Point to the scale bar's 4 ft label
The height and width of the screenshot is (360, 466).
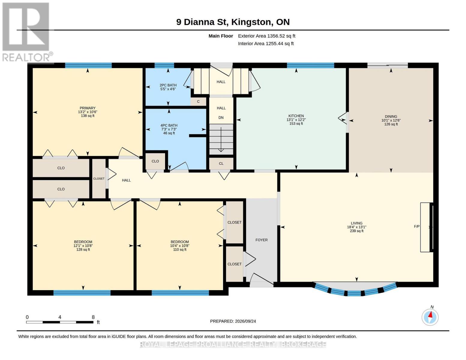[x=60, y=317]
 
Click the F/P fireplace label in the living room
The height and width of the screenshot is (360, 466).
[x=417, y=226]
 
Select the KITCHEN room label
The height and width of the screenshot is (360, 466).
[x=296, y=116]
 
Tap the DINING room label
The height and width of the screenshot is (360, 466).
[x=391, y=116]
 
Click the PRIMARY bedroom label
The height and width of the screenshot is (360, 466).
[x=88, y=108]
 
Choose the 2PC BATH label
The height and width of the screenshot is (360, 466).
[x=168, y=85]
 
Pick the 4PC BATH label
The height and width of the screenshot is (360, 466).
[x=169, y=125]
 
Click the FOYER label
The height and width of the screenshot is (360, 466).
[x=261, y=240]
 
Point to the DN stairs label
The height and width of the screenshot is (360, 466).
[x=221, y=118]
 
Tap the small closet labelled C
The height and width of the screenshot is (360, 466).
[x=198, y=101]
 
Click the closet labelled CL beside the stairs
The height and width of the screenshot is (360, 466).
[x=221, y=163]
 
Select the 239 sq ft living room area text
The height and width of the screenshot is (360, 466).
[x=357, y=231]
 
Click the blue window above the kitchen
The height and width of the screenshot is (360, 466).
[x=311, y=65]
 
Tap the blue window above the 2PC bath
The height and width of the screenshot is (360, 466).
[x=164, y=65]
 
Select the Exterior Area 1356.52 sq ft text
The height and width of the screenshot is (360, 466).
[x=266, y=36]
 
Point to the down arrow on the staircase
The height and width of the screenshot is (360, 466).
[x=221, y=139]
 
